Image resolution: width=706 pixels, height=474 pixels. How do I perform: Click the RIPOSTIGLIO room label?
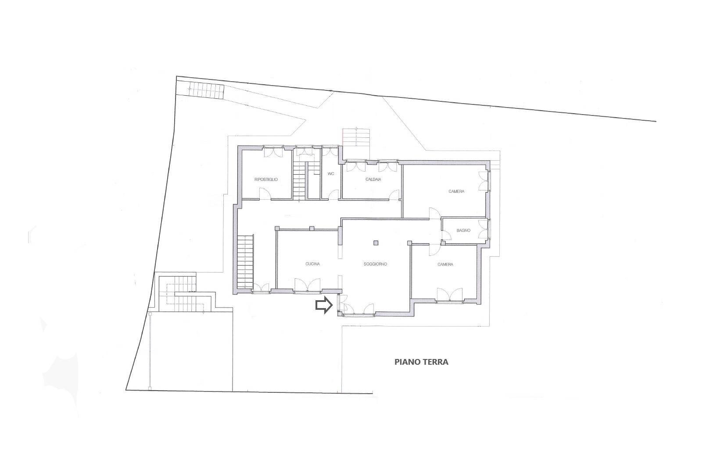(x=266, y=180)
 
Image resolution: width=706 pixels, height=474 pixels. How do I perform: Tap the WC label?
(x=331, y=174)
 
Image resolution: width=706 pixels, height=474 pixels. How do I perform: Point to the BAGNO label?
(x=463, y=230)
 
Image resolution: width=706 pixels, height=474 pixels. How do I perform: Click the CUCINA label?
(x=312, y=264)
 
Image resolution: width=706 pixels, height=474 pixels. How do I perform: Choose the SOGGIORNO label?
(x=375, y=264)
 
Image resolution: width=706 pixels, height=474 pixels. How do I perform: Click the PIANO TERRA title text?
(x=421, y=362)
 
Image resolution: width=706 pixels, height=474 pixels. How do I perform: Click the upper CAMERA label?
(x=456, y=191)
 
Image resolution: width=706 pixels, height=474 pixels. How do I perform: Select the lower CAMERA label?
(x=445, y=264)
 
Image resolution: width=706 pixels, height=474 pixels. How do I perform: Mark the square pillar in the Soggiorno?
(x=376, y=242)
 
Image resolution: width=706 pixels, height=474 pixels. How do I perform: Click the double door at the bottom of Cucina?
(x=307, y=285)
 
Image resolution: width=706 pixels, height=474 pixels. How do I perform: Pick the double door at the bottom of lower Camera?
(x=449, y=295)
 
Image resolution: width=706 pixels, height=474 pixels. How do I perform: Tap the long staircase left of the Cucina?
(x=245, y=261)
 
